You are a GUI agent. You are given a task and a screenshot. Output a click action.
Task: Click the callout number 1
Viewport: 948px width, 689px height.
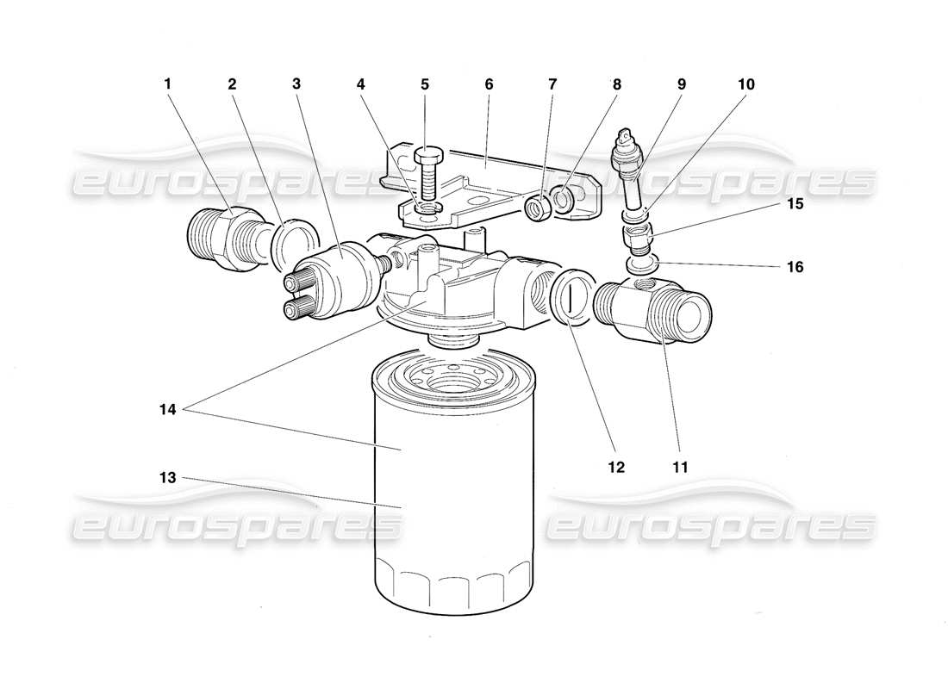click(168, 84)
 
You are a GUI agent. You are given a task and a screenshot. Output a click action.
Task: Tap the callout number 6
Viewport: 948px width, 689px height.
click(489, 84)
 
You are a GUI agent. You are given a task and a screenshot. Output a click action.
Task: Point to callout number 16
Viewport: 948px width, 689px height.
click(795, 268)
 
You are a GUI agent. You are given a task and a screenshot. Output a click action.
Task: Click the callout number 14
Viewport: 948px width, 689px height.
click(168, 411)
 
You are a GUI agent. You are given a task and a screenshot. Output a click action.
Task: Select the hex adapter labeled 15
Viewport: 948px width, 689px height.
click(639, 234)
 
